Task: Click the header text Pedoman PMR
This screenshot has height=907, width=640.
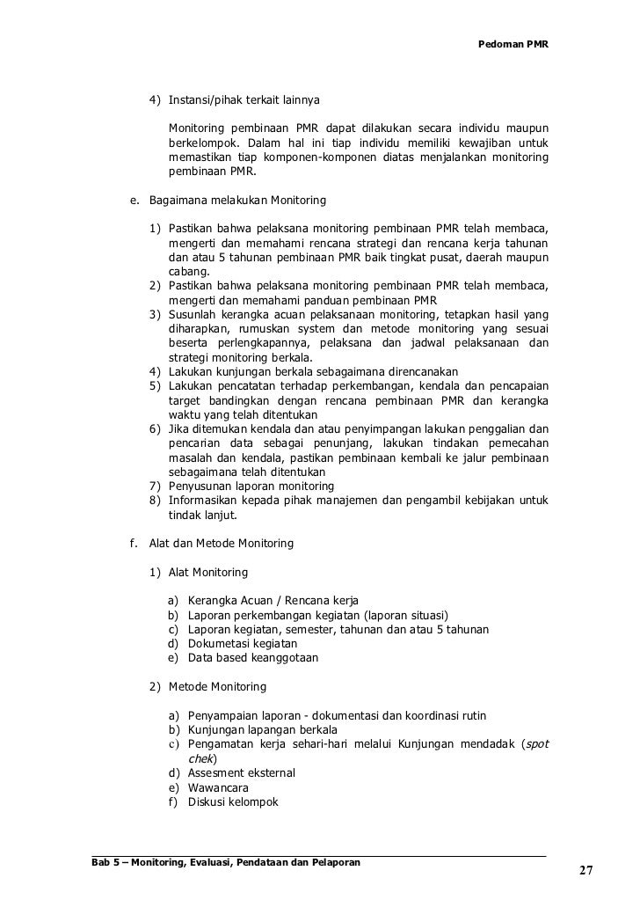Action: (513, 43)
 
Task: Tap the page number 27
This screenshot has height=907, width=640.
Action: (585, 871)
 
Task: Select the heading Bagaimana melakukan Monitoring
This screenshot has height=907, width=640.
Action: (237, 200)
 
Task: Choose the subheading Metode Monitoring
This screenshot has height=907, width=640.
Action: (216, 686)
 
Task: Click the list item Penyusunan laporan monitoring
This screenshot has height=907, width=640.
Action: (251, 486)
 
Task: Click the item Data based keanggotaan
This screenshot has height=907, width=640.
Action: (253, 657)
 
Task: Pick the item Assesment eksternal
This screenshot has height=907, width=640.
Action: (242, 773)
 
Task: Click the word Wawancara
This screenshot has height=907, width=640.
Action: (218, 787)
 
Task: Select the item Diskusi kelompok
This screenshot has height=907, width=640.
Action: (233, 801)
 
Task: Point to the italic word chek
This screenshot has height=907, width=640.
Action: (201, 758)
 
